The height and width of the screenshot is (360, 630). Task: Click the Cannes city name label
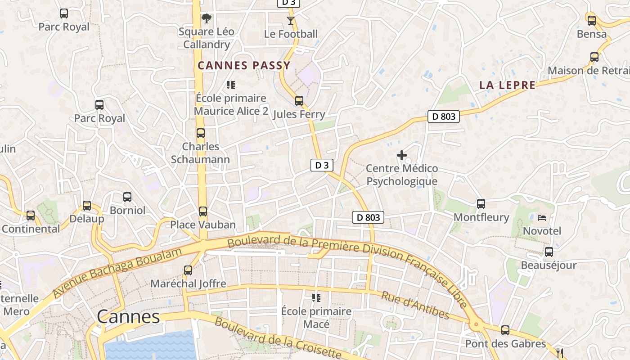(128, 317)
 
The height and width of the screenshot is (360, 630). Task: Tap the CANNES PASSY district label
(244, 66)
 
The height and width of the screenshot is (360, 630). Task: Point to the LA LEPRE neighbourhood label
(507, 85)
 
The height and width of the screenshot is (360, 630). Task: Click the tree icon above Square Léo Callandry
(207, 18)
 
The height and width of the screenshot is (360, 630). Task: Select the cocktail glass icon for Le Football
(291, 21)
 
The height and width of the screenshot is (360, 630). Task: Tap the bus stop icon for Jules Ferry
(299, 101)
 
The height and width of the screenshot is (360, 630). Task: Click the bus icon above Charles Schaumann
(201, 133)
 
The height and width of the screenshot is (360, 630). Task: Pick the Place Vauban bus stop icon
(203, 211)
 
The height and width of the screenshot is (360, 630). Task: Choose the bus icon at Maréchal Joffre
(188, 270)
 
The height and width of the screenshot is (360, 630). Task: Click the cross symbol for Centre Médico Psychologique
(402, 156)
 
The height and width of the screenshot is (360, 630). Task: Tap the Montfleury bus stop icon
(481, 204)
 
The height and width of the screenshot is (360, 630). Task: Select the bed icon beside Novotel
(542, 218)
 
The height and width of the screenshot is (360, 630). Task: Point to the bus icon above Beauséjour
(549, 252)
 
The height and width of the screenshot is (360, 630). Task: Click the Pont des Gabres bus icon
(505, 330)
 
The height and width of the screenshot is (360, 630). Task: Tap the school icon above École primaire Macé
(316, 297)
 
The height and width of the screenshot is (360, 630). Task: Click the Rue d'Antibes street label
(415, 305)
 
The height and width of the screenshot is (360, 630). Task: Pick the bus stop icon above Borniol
(127, 197)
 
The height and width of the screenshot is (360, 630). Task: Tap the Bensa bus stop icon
(592, 20)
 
